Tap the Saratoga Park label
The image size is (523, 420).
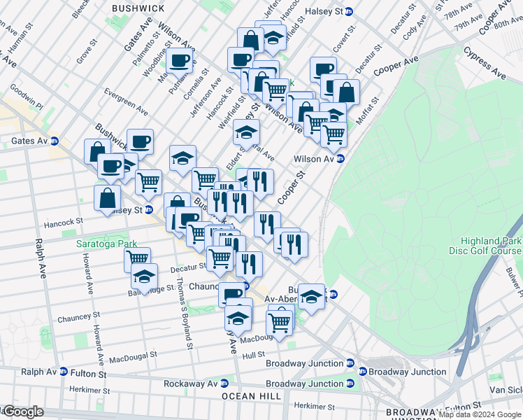[103, 245]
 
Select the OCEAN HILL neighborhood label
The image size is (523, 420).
[252, 396]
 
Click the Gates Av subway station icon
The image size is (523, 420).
[54, 141]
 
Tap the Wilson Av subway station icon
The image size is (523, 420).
[341, 159]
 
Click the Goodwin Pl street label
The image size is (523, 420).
[25, 99]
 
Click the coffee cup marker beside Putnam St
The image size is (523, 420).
[180, 62]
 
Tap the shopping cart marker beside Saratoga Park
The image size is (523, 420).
[137, 259]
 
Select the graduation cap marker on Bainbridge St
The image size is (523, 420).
[144, 277]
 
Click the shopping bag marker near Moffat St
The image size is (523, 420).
[346, 92]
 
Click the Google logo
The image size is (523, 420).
[22, 412]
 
